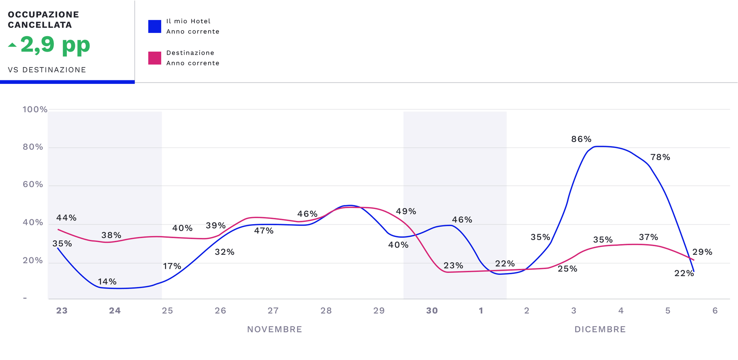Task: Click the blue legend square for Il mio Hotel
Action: tap(155, 27)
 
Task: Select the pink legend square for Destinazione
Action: tap(155, 58)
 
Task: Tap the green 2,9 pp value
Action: tap(55, 45)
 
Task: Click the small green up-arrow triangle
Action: tap(12, 45)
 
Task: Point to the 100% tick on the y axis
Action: tap(35, 110)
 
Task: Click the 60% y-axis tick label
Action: tap(33, 185)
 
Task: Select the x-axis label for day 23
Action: tap(62, 311)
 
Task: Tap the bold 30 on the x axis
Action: tap(432, 311)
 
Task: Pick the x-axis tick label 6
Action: tap(715, 311)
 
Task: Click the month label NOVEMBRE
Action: tap(275, 329)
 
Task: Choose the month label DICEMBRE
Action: tap(600, 329)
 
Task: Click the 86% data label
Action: tap(581, 139)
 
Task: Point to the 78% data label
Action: tap(660, 157)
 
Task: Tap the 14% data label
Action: tap(107, 282)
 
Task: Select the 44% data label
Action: tap(66, 218)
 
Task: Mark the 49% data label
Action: tap(406, 212)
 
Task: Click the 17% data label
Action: tap(172, 266)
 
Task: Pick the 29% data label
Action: tap(702, 252)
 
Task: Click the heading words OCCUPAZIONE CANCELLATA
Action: tap(44, 20)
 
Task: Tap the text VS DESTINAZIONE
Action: tap(47, 70)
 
